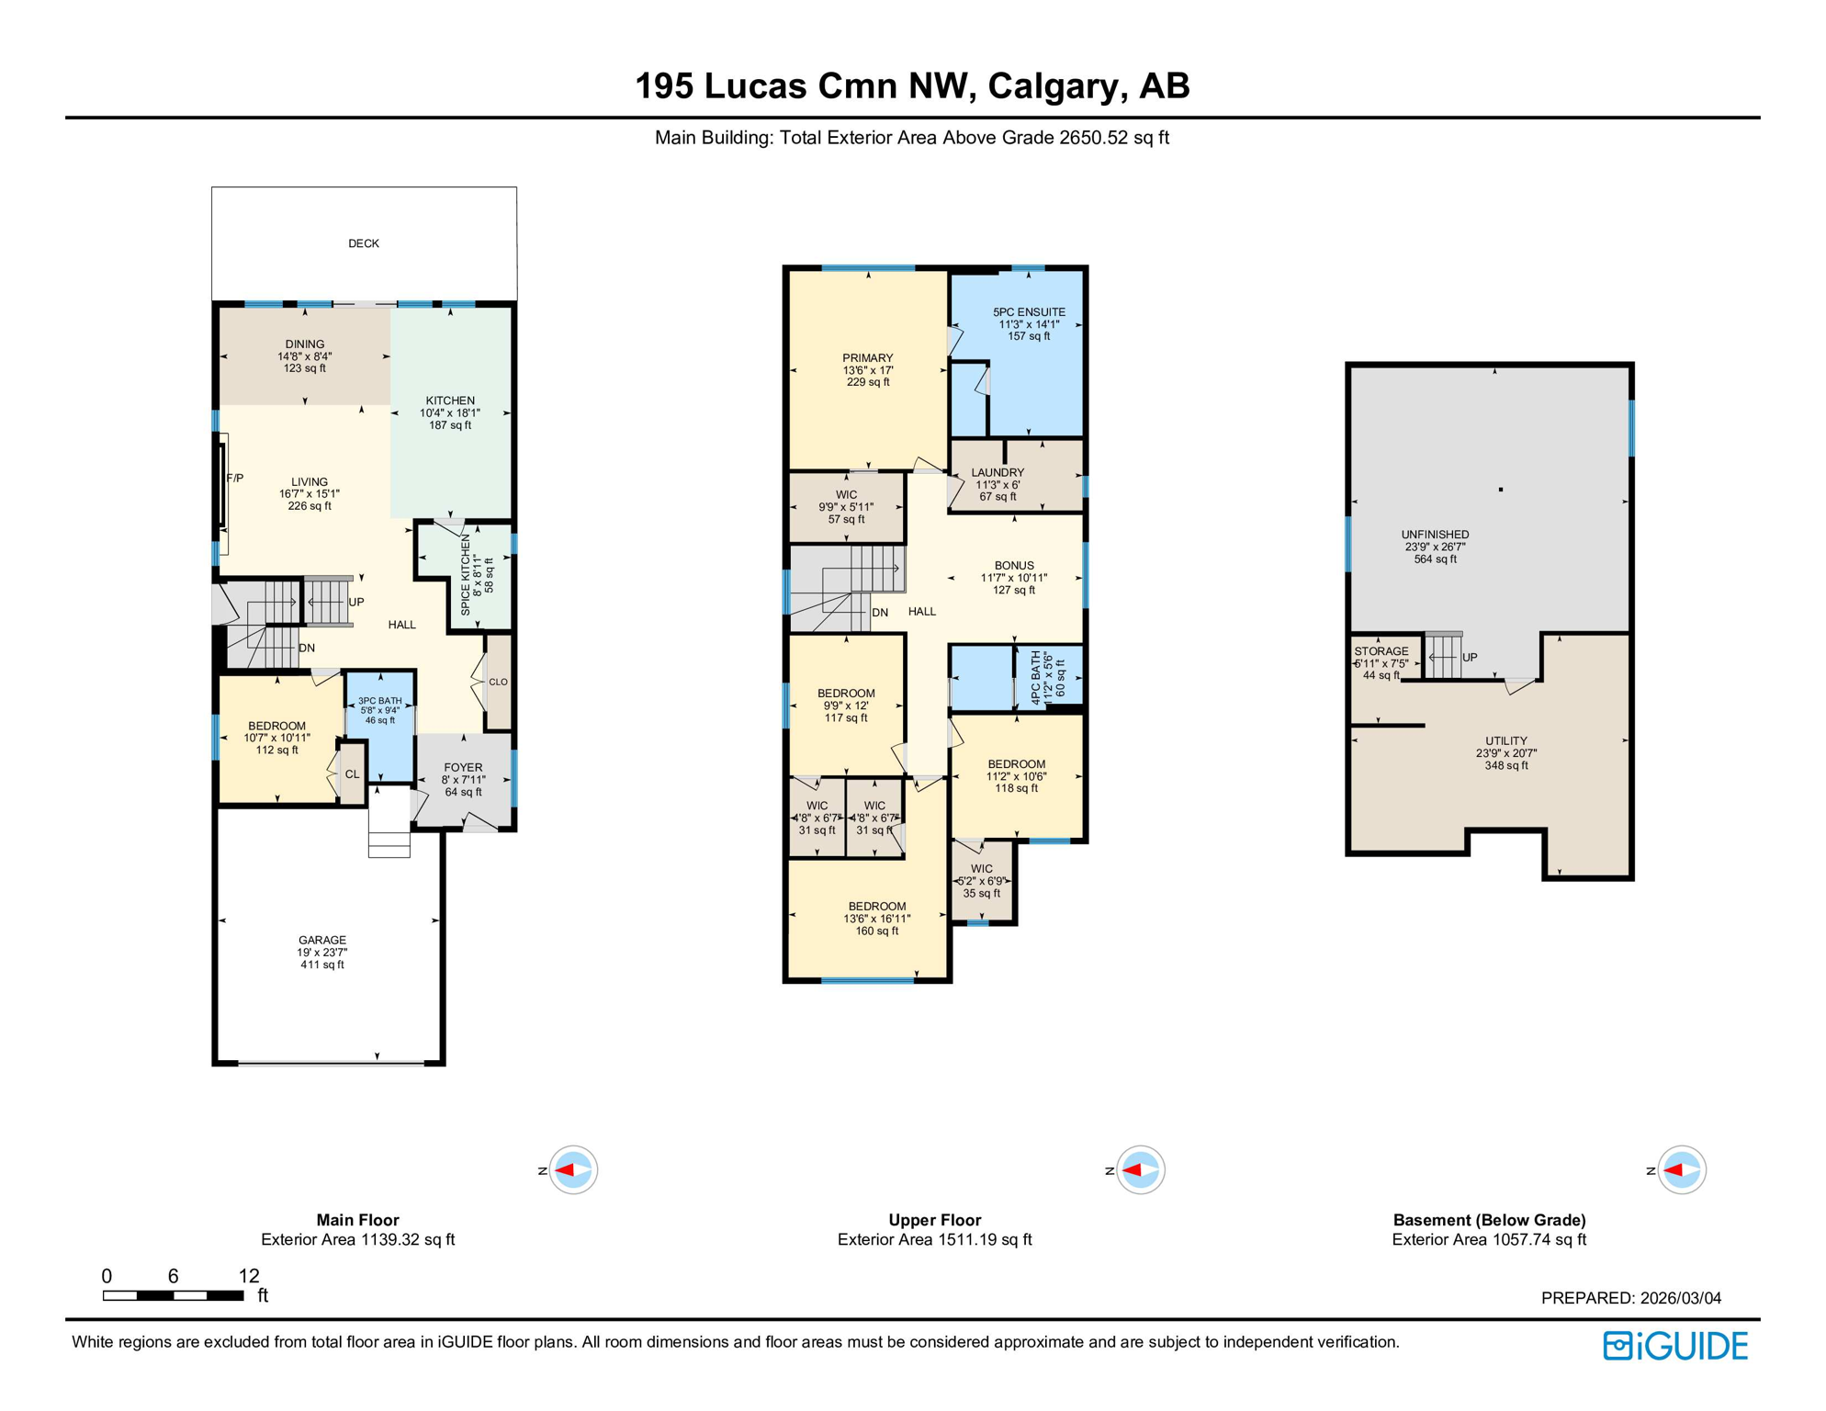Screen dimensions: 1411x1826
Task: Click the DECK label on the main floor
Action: tap(364, 243)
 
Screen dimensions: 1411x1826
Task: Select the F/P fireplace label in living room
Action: tap(235, 478)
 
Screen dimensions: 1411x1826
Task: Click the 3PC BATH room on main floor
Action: tap(379, 710)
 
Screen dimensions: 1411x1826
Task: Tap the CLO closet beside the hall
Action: tap(498, 682)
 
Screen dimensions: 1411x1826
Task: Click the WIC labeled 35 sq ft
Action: tap(982, 880)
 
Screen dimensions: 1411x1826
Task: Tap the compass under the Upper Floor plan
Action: tap(1140, 1169)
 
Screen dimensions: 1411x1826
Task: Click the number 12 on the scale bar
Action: tap(249, 1275)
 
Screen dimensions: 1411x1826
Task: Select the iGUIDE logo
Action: tap(1675, 1346)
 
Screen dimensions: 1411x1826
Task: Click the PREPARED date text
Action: tap(1630, 1298)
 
